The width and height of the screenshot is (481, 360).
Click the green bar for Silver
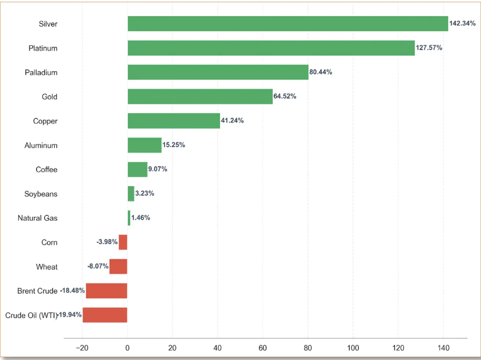[x=288, y=24]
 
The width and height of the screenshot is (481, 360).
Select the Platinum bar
[x=271, y=48]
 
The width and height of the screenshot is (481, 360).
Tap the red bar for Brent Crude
[x=106, y=291]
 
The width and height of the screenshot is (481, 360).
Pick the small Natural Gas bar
[x=129, y=218]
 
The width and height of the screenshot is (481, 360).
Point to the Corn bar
[x=123, y=242]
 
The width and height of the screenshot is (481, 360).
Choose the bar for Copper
[x=174, y=121]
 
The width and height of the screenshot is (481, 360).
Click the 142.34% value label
[x=462, y=23]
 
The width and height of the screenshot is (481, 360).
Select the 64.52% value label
[x=285, y=96]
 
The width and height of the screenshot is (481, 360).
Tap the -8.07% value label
[x=98, y=266]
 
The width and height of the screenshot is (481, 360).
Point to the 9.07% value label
[x=158, y=169]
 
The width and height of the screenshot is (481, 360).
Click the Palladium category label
[x=41, y=72]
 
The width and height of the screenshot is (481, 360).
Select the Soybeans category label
[x=41, y=194]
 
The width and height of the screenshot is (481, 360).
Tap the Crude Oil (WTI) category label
[x=31, y=315]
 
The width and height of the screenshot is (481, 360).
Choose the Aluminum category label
[x=41, y=145]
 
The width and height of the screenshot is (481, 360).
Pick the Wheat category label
[x=47, y=267]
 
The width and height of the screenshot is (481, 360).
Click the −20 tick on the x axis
[x=82, y=348]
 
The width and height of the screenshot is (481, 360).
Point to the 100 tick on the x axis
[x=353, y=348]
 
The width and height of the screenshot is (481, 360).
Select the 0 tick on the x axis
[x=127, y=348]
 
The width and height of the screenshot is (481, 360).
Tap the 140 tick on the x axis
[x=443, y=348]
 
